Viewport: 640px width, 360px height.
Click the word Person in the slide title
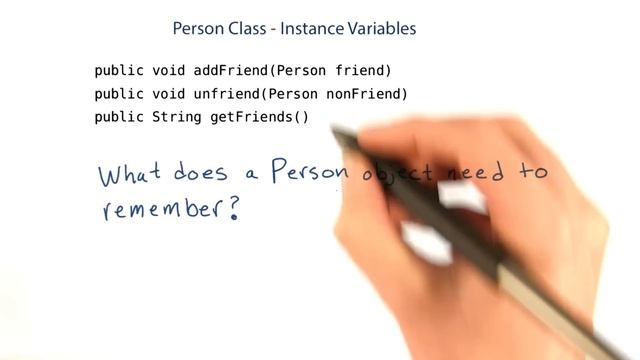pos(198,28)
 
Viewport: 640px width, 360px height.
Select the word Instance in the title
pos(308,28)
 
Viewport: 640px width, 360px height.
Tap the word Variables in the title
pos(379,28)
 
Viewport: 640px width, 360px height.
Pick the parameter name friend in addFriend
pos(363,71)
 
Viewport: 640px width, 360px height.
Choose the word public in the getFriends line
pos(118,117)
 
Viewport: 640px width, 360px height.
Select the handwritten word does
pos(202,173)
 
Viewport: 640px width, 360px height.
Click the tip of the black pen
pos(334,132)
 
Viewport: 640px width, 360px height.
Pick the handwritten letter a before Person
pos(251,175)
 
